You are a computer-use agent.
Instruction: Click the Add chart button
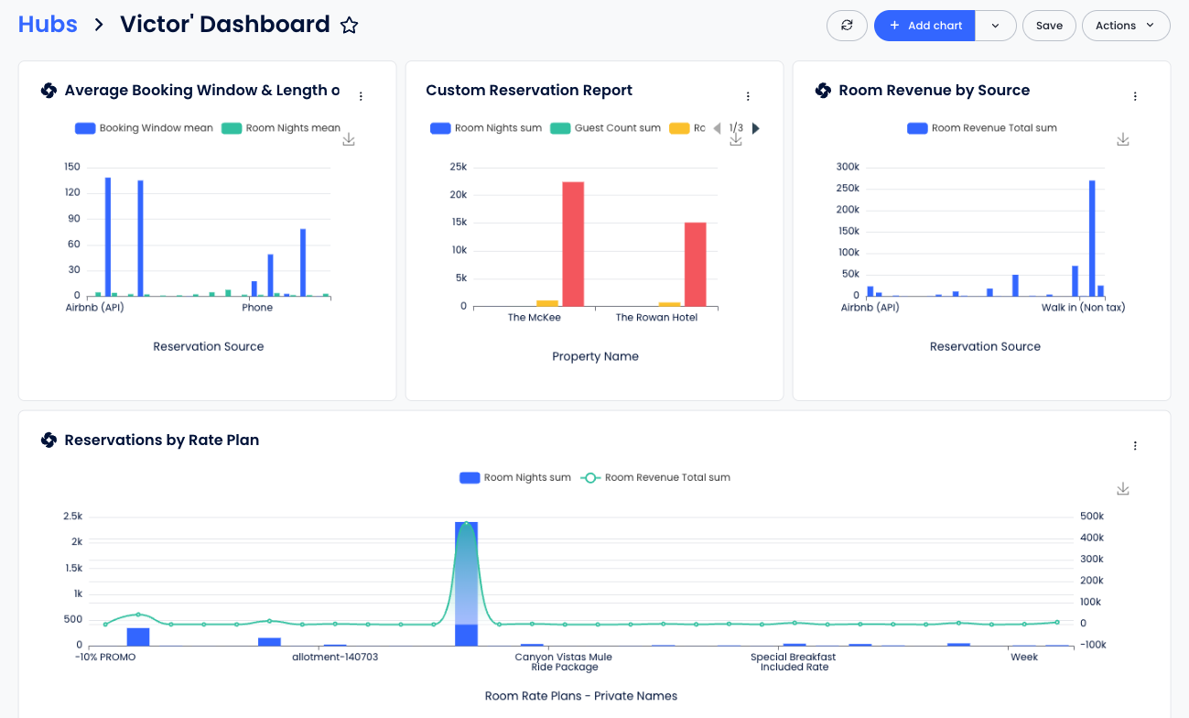tap(924, 26)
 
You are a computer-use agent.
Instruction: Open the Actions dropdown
tap(1126, 26)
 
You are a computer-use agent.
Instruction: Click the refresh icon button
tap(847, 26)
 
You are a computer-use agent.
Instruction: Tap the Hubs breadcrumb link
tap(48, 25)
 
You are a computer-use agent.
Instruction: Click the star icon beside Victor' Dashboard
tap(350, 25)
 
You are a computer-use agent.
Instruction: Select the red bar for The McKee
tap(573, 244)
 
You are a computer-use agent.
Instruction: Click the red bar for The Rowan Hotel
tap(696, 265)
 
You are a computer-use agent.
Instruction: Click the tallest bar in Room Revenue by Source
tap(1092, 238)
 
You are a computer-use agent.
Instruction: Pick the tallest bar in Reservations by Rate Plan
tap(466, 583)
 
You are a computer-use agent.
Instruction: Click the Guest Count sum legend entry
tap(605, 128)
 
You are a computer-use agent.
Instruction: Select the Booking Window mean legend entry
tap(144, 128)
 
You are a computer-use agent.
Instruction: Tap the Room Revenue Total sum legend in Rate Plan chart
tap(655, 477)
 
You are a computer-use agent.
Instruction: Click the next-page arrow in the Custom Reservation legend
tap(756, 128)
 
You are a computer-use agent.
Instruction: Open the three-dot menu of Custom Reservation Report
tap(748, 96)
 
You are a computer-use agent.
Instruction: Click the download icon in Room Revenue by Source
tap(1123, 140)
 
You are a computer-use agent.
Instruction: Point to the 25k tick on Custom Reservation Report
tap(458, 167)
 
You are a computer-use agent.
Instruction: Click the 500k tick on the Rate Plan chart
tap(1092, 517)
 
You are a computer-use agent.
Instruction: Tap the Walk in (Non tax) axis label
tap(1083, 308)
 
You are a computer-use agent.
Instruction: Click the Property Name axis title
tap(595, 356)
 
